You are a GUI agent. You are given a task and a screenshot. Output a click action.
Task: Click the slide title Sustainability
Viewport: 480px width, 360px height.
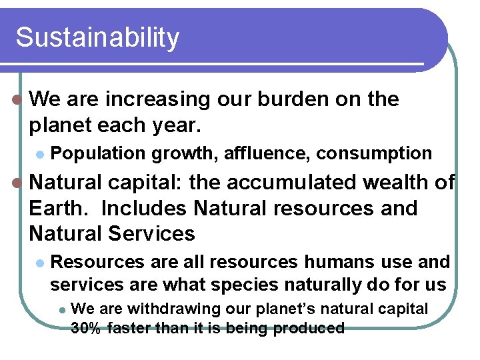tap(97, 38)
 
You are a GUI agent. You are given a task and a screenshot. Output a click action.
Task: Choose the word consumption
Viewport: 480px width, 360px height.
tap(374, 153)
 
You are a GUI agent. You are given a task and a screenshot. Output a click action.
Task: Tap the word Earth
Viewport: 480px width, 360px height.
tap(60, 208)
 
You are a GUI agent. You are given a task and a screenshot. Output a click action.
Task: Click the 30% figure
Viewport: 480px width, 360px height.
tap(85, 328)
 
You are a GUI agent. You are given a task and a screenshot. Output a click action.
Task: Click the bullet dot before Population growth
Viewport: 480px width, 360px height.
tap(40, 154)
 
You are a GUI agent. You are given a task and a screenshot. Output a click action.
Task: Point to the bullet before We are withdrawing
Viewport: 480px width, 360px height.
tap(61, 309)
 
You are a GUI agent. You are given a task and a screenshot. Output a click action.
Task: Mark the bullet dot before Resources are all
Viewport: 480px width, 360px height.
tap(40, 263)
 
